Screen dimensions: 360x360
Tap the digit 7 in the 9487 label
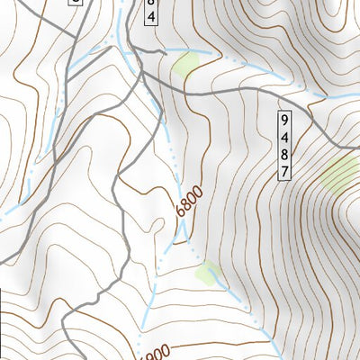point(285,172)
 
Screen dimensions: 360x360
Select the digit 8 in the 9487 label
point(285,155)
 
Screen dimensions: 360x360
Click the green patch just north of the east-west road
point(186,64)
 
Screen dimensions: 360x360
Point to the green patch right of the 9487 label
point(337,173)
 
